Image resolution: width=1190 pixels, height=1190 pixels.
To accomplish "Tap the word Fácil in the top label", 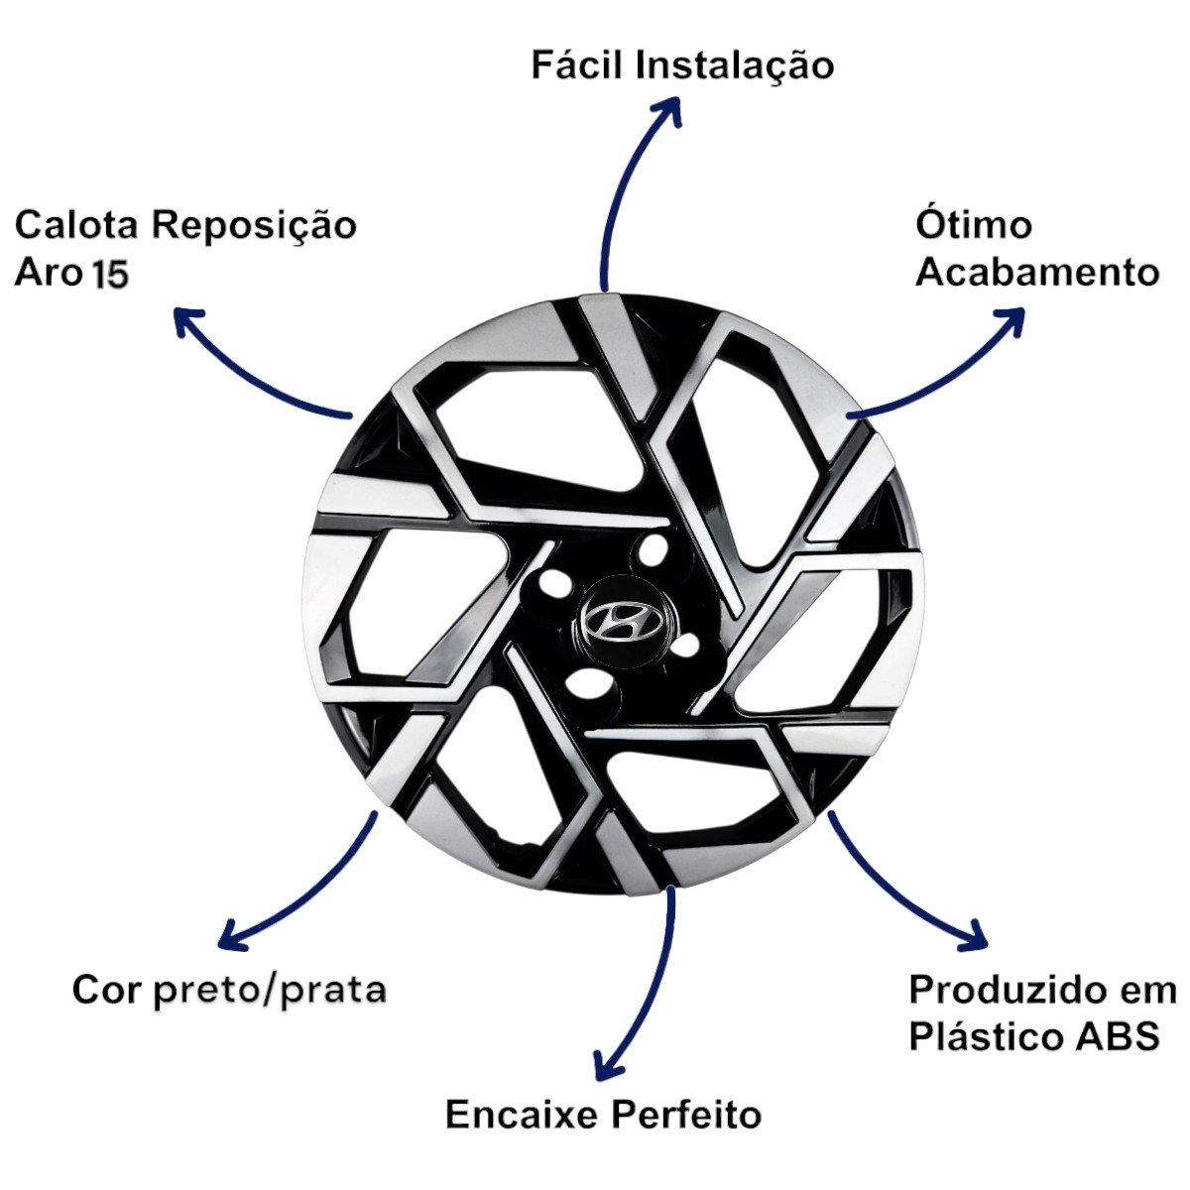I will coord(576,65).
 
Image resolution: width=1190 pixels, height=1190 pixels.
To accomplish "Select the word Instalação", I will coord(734,65).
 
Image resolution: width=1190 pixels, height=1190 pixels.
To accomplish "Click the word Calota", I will coord(77,225).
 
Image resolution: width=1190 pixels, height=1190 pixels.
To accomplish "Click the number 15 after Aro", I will coord(111,275).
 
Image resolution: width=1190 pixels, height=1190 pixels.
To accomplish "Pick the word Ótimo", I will coord(973,225).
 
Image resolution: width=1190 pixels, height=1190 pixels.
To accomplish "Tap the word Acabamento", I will coord(1037,273).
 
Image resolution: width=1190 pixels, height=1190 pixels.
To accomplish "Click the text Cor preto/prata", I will coord(229,990).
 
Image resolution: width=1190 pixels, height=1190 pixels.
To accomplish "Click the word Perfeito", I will coord(684,1115).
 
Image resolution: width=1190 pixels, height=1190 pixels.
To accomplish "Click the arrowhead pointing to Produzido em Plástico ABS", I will coord(980,934).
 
